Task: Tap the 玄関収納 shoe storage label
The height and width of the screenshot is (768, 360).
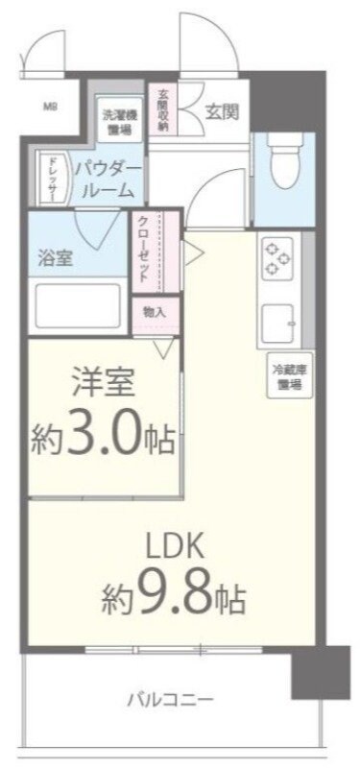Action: pyautogui.click(x=163, y=110)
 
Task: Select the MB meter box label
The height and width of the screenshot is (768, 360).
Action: pyautogui.click(x=49, y=108)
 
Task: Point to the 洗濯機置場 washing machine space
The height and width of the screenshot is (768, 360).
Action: pyautogui.click(x=119, y=120)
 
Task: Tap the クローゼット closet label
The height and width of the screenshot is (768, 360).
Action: pyautogui.click(x=142, y=249)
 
